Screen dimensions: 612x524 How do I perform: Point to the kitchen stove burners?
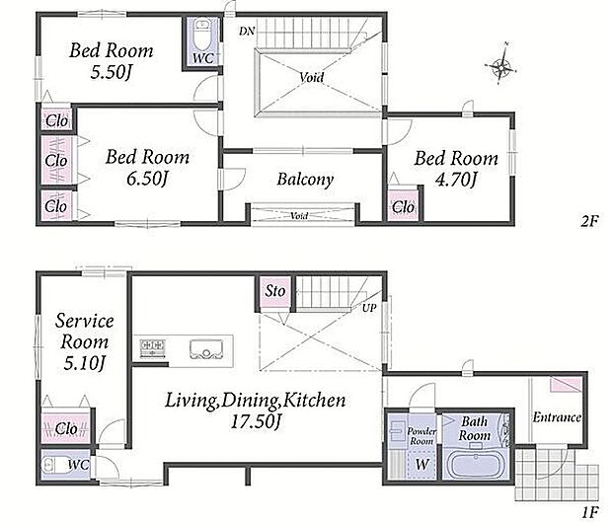153,348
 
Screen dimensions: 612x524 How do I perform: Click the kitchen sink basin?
206,348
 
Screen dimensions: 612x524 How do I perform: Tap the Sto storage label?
275,291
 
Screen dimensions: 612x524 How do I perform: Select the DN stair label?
247,31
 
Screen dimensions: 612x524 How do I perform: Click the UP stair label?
369,308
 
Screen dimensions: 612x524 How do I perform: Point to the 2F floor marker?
589,222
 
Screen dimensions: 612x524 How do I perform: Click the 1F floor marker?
589,512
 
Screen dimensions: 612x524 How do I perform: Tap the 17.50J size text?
256,421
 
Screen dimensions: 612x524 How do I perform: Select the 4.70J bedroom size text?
455,180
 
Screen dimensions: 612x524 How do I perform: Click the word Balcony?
305,180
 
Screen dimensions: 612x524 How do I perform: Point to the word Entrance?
557,417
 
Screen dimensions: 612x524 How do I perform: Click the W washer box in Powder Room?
421,465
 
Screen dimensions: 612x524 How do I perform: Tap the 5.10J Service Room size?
84,363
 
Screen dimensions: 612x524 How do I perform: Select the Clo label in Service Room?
66,429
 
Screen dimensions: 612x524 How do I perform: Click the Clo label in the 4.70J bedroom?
403,207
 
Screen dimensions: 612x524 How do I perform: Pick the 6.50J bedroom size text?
147,179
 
